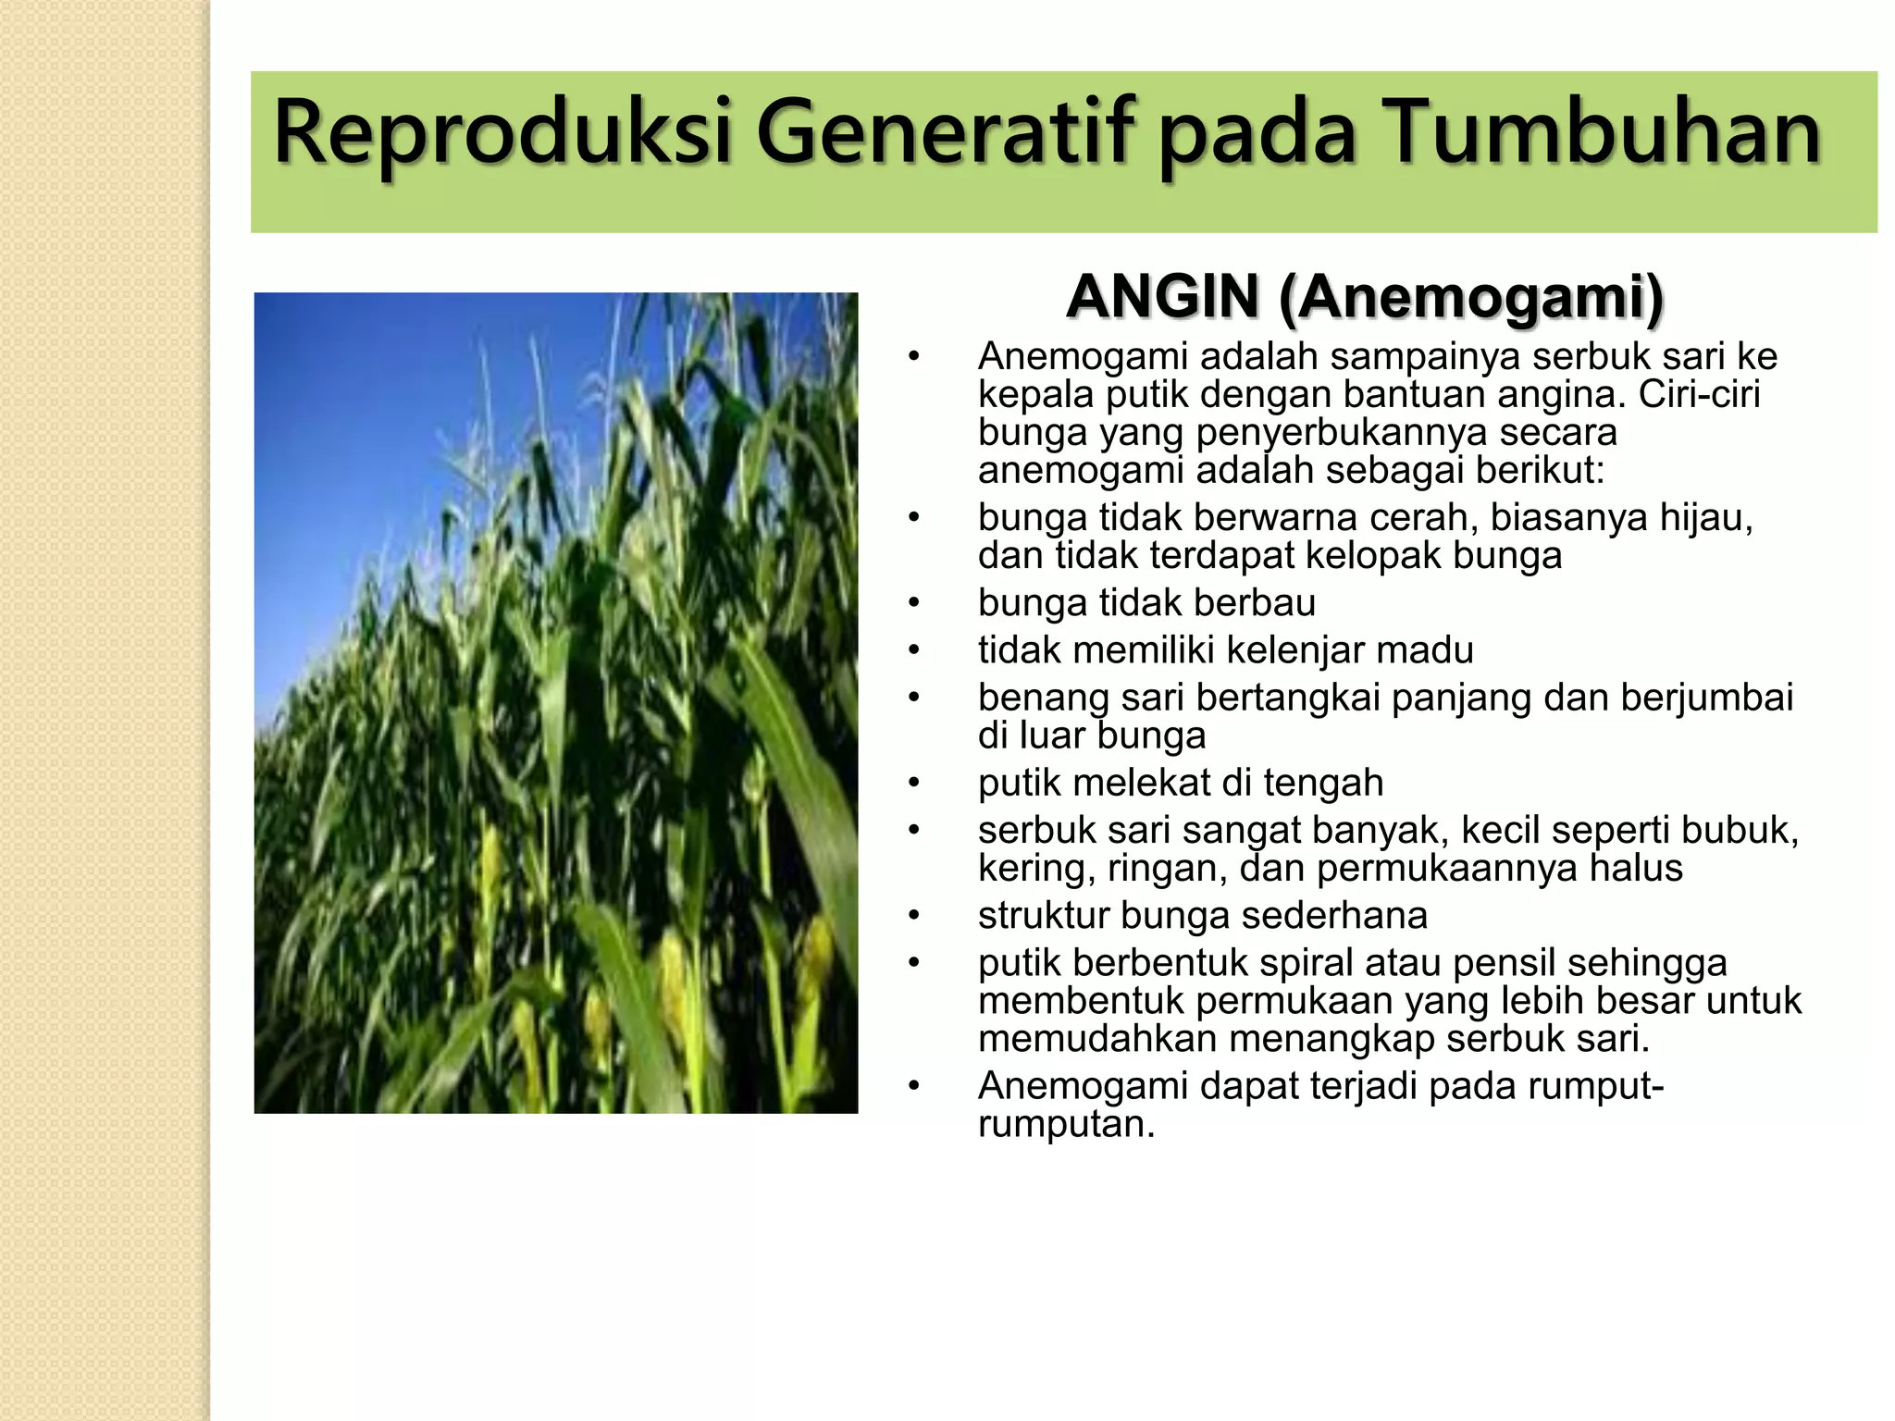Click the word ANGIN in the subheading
pyautogui.click(x=1162, y=297)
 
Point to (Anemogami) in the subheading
pyautogui.click(x=1471, y=297)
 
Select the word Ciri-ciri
pyautogui.click(x=1699, y=395)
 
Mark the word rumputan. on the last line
pyautogui.click(x=1066, y=1124)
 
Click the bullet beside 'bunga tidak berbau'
pyautogui.click(x=914, y=603)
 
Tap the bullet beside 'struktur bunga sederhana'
pyautogui.click(x=914, y=916)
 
